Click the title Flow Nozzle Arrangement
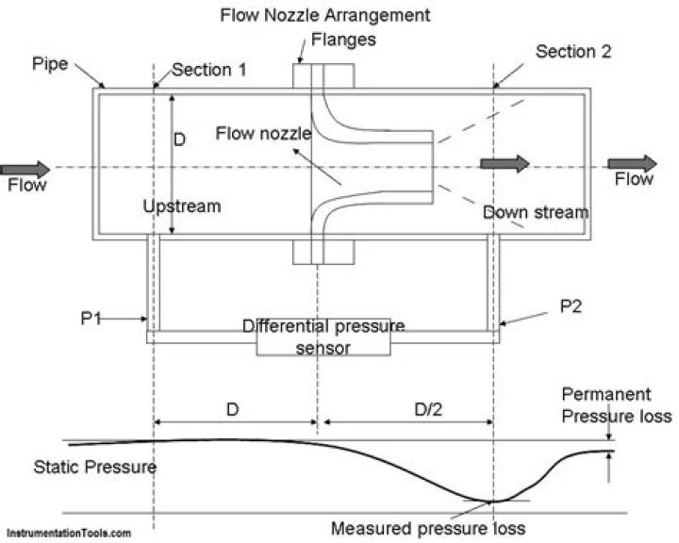[324, 16]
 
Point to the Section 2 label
[573, 51]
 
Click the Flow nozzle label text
[260, 134]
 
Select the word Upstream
[181, 206]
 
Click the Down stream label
[536, 212]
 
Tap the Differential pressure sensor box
[323, 337]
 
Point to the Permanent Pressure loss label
[617, 404]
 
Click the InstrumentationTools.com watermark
[66, 534]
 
